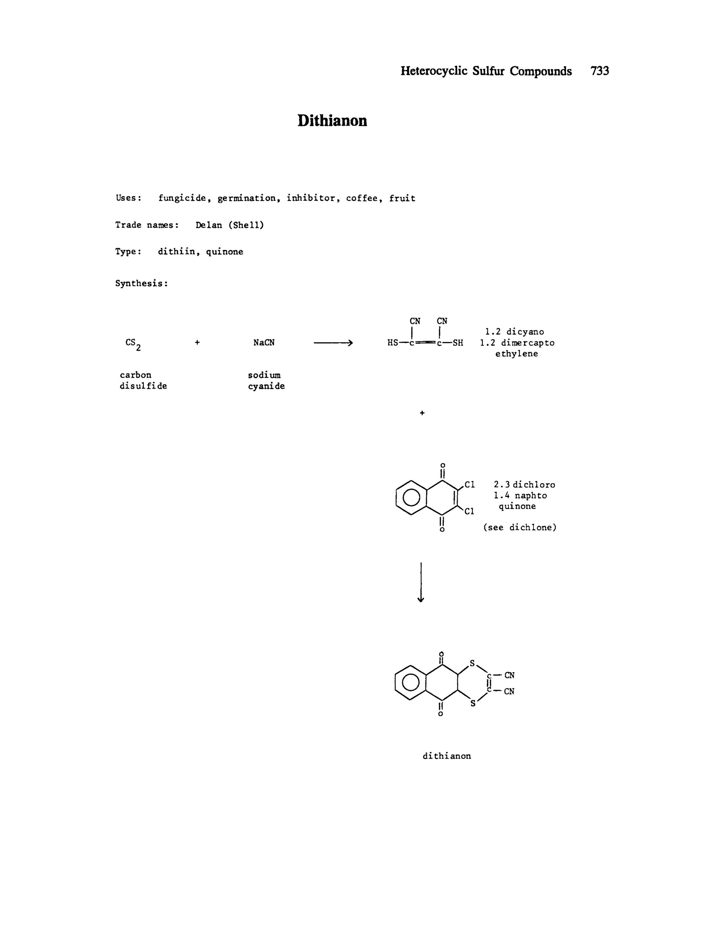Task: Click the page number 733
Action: (x=599, y=71)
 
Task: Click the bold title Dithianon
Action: (x=332, y=121)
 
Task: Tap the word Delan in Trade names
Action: (x=209, y=225)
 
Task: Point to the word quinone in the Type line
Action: (x=224, y=252)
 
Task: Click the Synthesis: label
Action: (x=141, y=283)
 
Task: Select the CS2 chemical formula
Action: (x=133, y=344)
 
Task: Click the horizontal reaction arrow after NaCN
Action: (x=333, y=343)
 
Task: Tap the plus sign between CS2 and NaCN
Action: (x=197, y=342)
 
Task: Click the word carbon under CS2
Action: (x=135, y=375)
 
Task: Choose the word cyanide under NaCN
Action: (x=266, y=386)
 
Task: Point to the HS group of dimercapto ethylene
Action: (x=393, y=343)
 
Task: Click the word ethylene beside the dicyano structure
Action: (x=516, y=354)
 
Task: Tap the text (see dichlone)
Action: (x=520, y=528)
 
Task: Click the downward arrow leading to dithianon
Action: (x=421, y=582)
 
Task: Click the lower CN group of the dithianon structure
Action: (x=509, y=691)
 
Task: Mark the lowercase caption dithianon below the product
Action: (x=446, y=756)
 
